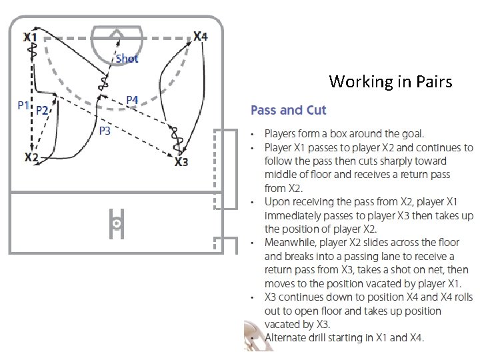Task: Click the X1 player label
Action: [31, 37]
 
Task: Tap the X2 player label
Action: [31, 157]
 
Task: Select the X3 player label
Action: [181, 161]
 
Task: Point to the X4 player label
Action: [201, 36]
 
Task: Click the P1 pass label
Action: [23, 105]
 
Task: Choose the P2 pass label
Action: [42, 110]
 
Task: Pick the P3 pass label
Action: [105, 131]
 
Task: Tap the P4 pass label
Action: [132, 100]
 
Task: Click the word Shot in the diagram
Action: [127, 59]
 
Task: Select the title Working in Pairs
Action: [390, 81]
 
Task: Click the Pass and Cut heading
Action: [288, 110]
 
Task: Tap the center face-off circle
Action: [117, 223]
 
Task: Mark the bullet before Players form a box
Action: [253, 135]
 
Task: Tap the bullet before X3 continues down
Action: [253, 297]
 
